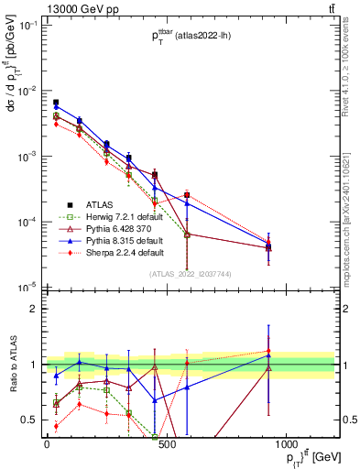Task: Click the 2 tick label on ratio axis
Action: (33, 309)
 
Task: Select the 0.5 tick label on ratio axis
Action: (28, 420)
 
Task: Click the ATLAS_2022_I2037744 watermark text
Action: (190, 274)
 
